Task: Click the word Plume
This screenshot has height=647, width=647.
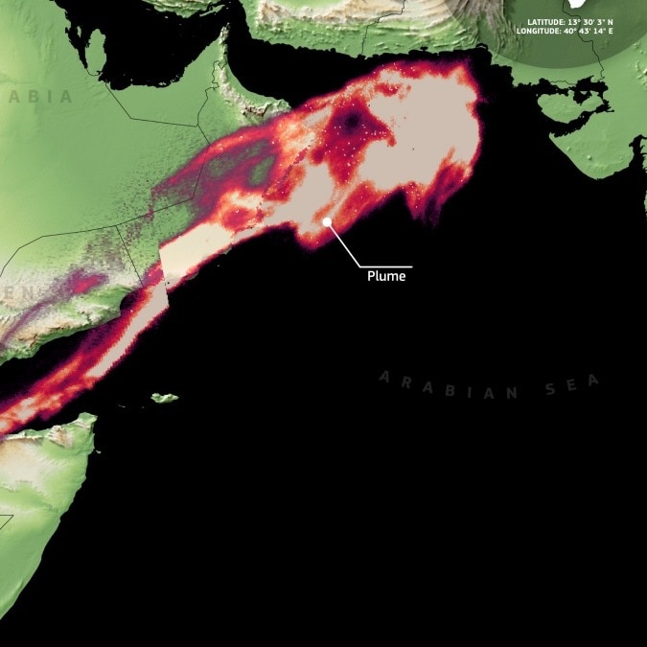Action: tap(387, 276)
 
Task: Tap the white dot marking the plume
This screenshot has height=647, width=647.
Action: tap(327, 221)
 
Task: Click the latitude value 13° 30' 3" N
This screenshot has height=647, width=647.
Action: tap(595, 21)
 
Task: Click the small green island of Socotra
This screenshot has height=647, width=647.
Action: tap(164, 397)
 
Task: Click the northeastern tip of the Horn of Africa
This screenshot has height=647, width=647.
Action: tap(92, 419)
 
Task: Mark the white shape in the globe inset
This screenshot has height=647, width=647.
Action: tap(578, 4)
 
